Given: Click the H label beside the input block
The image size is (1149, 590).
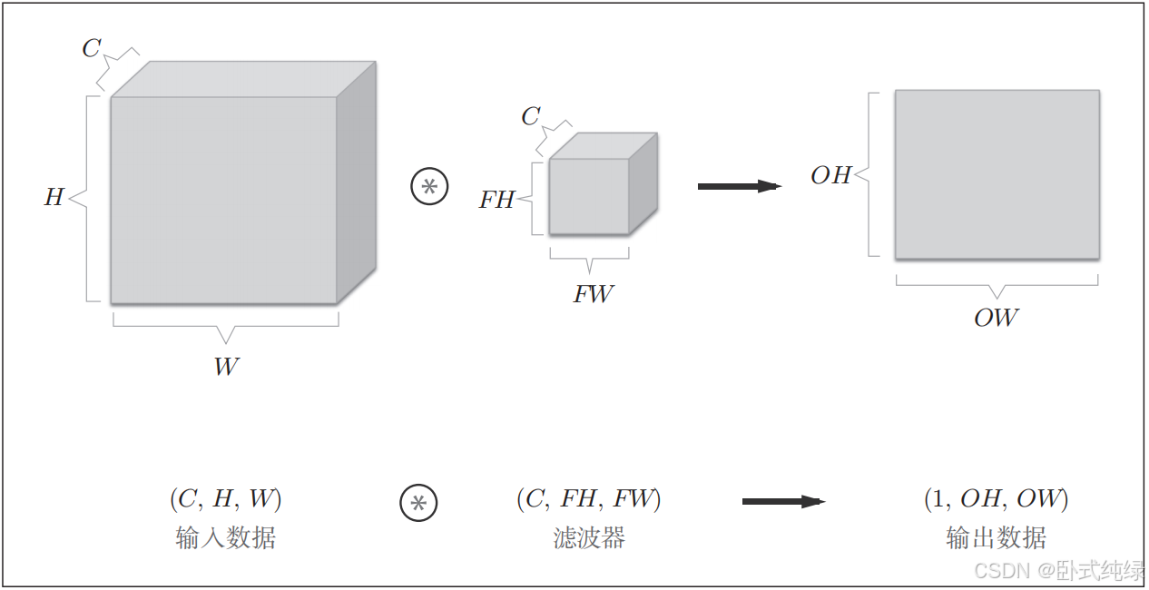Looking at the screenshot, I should tap(54, 197).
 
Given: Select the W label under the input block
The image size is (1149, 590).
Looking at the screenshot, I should tap(226, 367).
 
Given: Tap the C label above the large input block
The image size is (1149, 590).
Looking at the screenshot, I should tap(91, 48).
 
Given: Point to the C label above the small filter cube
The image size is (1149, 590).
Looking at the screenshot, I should tap(531, 116).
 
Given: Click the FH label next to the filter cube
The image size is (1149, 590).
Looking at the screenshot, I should tap(496, 200).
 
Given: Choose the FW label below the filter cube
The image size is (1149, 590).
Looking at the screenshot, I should tap(593, 294).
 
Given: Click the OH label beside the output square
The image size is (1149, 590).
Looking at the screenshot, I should tap(830, 175).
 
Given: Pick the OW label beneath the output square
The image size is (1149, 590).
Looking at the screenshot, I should tap(996, 318).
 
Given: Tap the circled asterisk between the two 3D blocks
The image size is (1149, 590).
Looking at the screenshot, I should tap(430, 187).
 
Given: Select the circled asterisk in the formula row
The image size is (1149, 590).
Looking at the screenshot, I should tap(418, 503).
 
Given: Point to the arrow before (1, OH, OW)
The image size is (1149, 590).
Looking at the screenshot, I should tap(782, 501).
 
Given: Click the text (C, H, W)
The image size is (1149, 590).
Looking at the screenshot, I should tap(225, 499).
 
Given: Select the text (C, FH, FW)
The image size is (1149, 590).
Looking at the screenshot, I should tap(588, 499).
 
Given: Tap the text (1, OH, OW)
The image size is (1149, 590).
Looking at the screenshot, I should tap(996, 499).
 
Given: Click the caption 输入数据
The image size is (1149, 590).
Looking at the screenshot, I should tap(225, 537).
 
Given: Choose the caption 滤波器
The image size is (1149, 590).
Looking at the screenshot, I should tap(589, 537).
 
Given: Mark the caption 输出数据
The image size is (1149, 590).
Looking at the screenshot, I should tap(996, 537).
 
